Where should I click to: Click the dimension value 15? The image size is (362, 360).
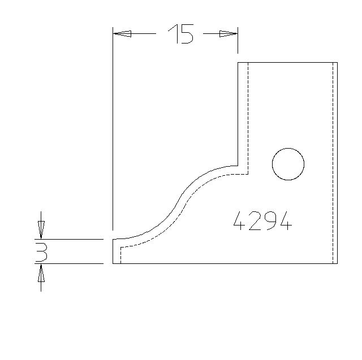181,35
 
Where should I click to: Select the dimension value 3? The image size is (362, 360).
41,252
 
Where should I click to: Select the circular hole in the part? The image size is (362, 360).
288,164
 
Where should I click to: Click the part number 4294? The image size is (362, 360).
263,220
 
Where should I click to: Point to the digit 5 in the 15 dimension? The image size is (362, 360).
187,35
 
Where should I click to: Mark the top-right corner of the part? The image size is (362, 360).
337,62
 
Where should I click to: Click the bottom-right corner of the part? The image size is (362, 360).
337,263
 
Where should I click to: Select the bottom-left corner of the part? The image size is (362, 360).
113,263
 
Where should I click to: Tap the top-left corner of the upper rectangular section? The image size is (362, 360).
238,62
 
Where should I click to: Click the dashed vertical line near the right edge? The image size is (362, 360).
333,164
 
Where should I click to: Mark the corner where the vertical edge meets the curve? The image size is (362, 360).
238,165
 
